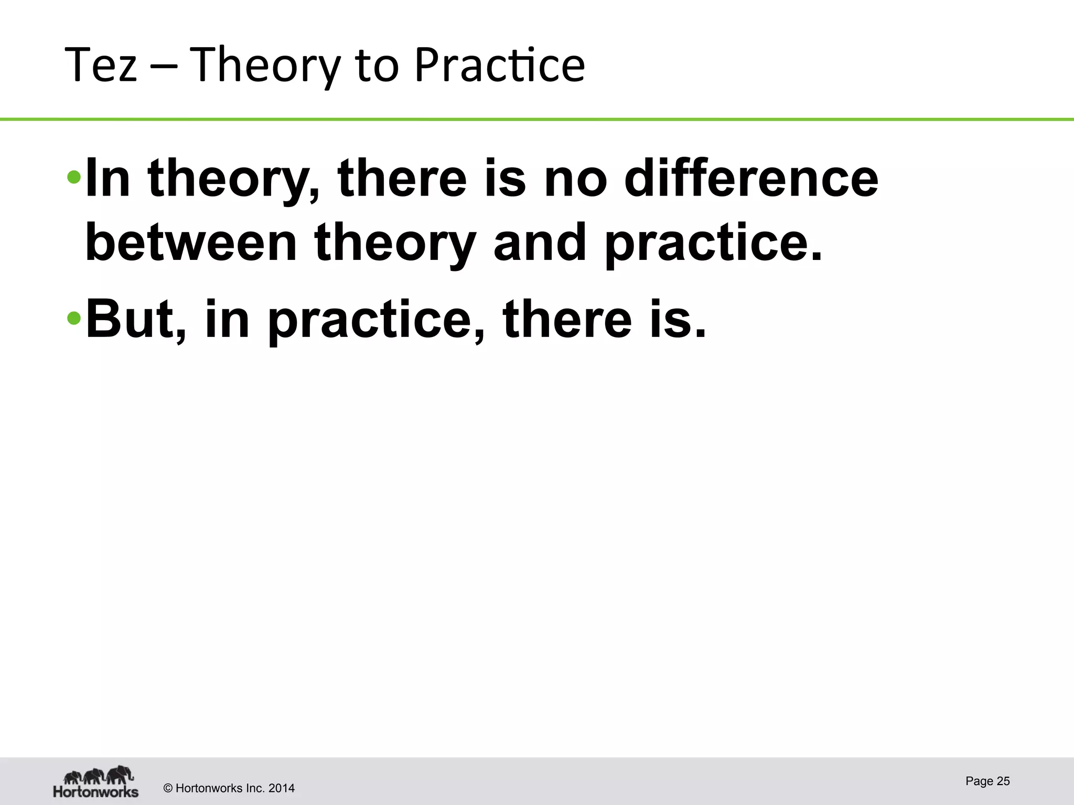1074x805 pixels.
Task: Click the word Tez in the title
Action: (101, 66)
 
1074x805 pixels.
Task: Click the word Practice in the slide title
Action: (499, 66)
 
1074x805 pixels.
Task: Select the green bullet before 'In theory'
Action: (74, 177)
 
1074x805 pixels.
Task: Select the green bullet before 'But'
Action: (74, 318)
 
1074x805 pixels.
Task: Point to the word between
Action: (191, 242)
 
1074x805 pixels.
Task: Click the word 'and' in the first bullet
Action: (540, 242)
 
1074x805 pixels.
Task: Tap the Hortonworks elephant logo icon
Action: (98, 775)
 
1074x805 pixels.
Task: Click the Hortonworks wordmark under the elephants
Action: (95, 791)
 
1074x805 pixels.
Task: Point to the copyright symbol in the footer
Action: (168, 788)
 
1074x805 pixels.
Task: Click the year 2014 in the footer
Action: (281, 788)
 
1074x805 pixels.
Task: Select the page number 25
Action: (1003, 781)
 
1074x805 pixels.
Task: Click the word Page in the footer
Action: (979, 781)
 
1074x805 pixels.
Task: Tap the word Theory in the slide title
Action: (265, 66)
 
